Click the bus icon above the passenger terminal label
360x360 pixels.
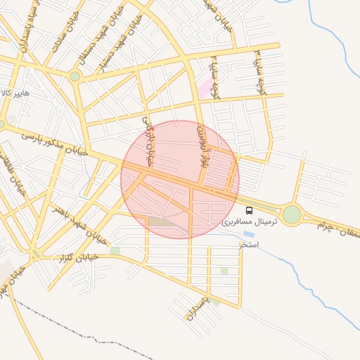(x=249, y=210)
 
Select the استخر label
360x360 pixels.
(x=249, y=244)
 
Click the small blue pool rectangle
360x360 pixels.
(x=249, y=234)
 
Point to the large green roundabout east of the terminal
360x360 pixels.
(x=292, y=214)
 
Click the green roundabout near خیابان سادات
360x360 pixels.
(x=75, y=76)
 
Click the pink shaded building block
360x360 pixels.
(x=205, y=88)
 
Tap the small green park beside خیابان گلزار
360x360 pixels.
(x=115, y=250)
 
